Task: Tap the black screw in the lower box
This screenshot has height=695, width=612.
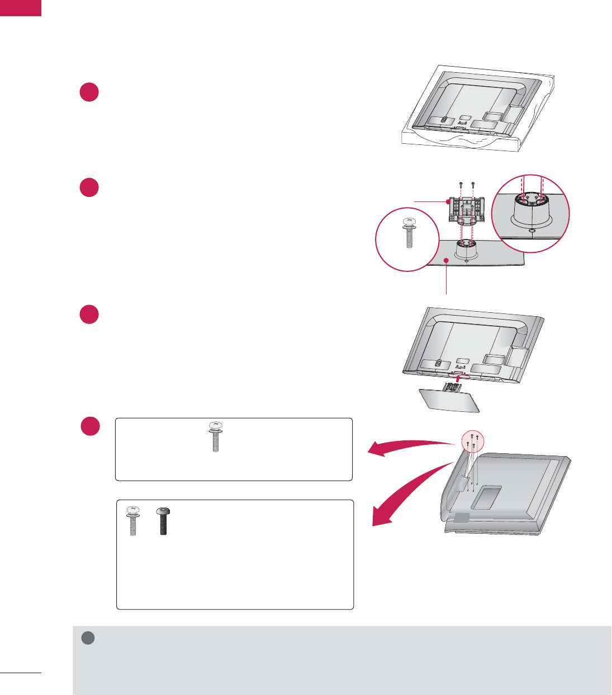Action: (x=164, y=521)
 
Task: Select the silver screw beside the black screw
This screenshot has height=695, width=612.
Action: (x=132, y=521)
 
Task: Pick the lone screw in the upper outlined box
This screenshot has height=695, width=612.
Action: (x=215, y=436)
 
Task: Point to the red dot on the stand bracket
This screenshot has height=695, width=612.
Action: (x=448, y=201)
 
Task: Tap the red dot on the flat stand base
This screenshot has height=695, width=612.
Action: (x=446, y=261)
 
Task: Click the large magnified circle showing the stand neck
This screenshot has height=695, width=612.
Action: (x=530, y=214)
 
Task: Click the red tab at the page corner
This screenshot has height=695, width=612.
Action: (x=21, y=8)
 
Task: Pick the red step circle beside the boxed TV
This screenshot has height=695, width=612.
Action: (x=89, y=92)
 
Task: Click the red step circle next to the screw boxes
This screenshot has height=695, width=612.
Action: (x=89, y=426)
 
